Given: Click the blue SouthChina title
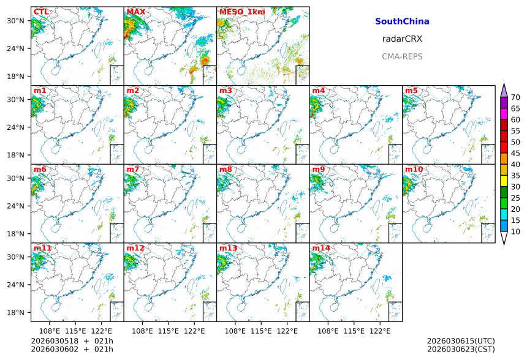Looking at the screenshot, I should click(402, 21).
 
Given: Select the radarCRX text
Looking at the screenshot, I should click(402, 39).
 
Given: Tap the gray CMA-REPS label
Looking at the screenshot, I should click(402, 56).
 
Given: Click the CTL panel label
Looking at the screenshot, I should click(41, 12).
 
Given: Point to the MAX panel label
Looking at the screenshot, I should click(135, 12).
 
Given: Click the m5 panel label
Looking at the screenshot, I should click(411, 91).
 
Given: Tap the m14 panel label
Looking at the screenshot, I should click(321, 248).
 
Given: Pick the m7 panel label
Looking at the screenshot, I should click(133, 170).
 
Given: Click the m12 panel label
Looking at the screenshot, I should click(135, 248).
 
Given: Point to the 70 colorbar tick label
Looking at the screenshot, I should click(515, 97).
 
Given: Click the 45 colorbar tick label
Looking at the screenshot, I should click(515, 154).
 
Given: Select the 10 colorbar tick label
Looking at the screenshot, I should click(515, 232).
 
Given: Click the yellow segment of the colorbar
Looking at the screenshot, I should click(504, 181).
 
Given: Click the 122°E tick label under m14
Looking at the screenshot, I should click(380, 331).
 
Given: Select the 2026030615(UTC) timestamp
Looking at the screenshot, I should click(461, 341).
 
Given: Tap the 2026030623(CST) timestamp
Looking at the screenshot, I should click(461, 350).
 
